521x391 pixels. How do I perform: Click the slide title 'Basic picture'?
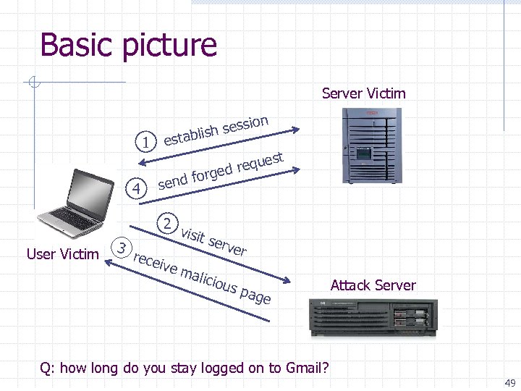[x=128, y=45]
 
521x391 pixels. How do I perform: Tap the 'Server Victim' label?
[x=363, y=93]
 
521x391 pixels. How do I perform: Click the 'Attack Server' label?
[x=373, y=285]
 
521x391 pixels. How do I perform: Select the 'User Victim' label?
[x=62, y=254]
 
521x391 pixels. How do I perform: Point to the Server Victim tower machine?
[x=371, y=146]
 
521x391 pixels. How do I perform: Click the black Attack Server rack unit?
[x=373, y=319]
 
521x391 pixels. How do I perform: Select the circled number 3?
[x=123, y=248]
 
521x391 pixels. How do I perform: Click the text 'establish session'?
[x=216, y=130]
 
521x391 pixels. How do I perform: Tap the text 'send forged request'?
[x=220, y=171]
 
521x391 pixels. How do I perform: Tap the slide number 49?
[x=509, y=383]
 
